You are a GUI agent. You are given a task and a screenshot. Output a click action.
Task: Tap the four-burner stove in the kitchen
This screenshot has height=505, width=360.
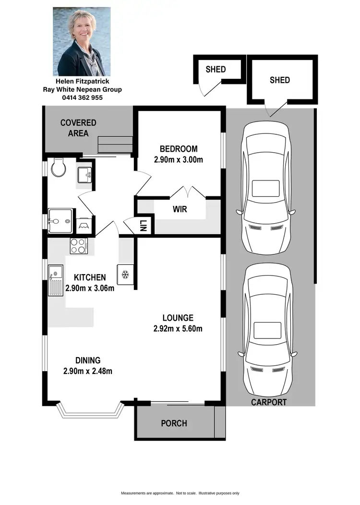pyautogui.click(x=78, y=246)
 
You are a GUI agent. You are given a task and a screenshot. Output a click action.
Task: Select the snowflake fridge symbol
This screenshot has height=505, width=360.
pyautogui.click(x=125, y=275)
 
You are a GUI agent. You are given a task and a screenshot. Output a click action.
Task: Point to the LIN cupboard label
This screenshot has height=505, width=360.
pyautogui.click(x=143, y=226)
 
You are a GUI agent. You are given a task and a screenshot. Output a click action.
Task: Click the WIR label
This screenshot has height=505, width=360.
pyautogui.click(x=180, y=210)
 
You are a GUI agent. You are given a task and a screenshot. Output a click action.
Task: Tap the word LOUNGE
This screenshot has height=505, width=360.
pyautogui.click(x=178, y=318)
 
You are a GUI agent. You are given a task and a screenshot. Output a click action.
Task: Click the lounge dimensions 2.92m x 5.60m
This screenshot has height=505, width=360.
pyautogui.click(x=178, y=329)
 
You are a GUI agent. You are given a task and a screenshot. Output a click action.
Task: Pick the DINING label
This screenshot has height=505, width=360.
pyautogui.click(x=87, y=360)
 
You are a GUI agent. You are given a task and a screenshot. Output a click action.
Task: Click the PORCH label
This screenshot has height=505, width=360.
pyautogui.click(x=174, y=423)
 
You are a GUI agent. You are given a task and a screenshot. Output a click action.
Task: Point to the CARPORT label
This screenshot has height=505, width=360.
pyautogui.click(x=269, y=402)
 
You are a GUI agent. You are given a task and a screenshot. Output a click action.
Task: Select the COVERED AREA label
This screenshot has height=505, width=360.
pyautogui.click(x=78, y=128)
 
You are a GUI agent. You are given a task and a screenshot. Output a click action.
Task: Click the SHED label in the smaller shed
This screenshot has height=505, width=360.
pyautogui.click(x=216, y=69)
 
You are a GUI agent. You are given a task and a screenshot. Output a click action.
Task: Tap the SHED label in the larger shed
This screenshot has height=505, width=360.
pyautogui.click(x=280, y=80)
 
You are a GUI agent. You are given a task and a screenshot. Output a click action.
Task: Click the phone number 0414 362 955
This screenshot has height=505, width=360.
pyautogui.click(x=82, y=97)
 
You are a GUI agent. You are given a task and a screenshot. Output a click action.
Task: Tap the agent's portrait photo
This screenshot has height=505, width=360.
pyautogui.click(x=82, y=42)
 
